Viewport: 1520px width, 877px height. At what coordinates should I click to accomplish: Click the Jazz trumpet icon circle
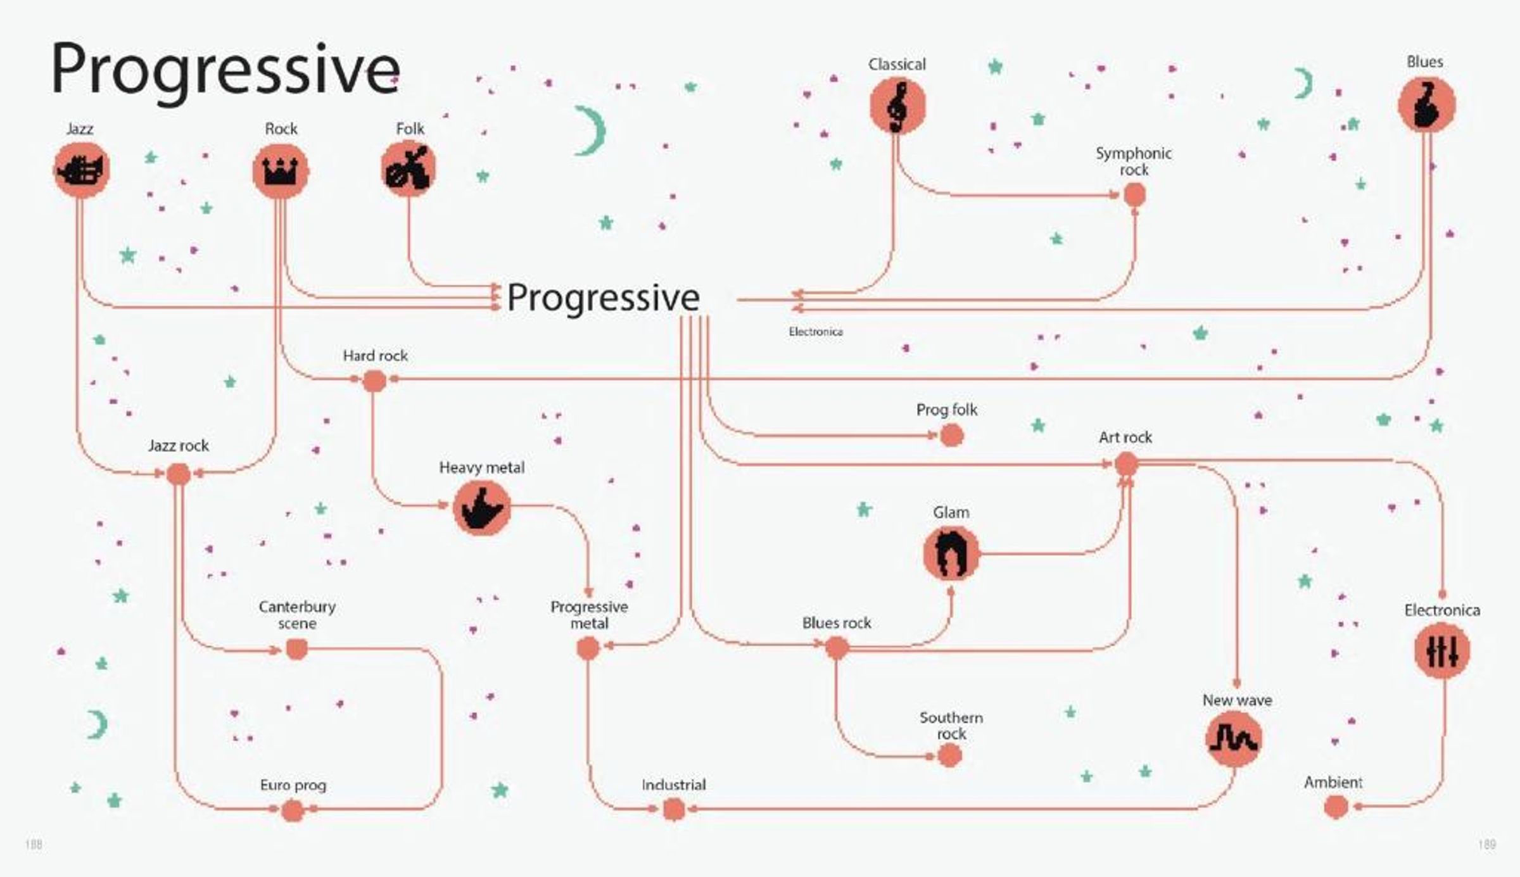81,170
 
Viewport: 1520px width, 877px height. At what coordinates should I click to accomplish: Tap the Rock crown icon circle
280,171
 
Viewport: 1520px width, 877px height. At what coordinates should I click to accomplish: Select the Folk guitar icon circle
408,168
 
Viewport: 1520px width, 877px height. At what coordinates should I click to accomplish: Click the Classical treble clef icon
897,106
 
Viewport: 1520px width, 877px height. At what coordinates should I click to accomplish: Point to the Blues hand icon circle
1426,104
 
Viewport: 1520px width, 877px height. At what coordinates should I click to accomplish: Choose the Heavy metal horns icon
482,508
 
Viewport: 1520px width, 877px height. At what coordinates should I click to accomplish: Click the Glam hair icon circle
951,554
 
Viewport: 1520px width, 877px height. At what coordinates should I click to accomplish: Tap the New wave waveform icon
1233,739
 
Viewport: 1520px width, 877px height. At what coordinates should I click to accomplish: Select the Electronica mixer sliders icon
1442,650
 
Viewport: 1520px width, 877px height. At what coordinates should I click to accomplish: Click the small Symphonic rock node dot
1134,195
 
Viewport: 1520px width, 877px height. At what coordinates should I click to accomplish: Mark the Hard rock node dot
374,381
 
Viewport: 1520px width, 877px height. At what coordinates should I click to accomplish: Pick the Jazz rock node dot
178,474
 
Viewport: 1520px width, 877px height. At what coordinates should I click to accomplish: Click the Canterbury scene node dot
296,649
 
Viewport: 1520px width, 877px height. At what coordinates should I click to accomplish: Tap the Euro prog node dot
292,810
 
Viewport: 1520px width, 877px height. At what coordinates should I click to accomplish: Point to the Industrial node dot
673,809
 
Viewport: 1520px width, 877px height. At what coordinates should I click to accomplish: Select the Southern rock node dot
949,755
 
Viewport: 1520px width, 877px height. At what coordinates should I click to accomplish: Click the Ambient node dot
1336,807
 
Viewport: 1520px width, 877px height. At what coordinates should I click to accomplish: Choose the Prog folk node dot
951,435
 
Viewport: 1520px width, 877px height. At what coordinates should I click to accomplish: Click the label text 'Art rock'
1125,437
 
